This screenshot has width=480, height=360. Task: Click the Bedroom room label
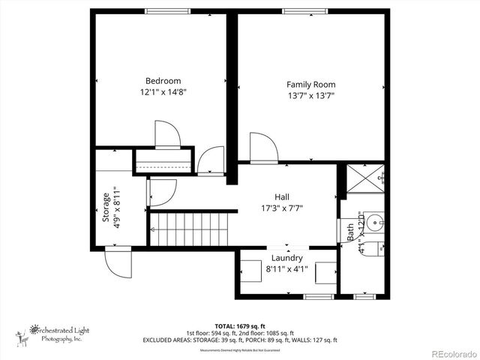coord(163,81)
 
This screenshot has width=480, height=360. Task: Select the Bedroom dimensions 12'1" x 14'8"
coord(163,93)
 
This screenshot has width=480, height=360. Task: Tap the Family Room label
coord(310,85)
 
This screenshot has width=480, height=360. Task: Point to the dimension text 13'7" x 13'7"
coord(310,96)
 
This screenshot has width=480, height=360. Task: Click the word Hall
coord(282,196)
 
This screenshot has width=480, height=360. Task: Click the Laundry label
coord(286,258)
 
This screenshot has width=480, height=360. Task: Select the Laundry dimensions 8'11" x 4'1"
coord(286,269)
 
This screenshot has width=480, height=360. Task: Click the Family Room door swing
coord(263,148)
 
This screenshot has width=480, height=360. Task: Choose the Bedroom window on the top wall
coord(166,10)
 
